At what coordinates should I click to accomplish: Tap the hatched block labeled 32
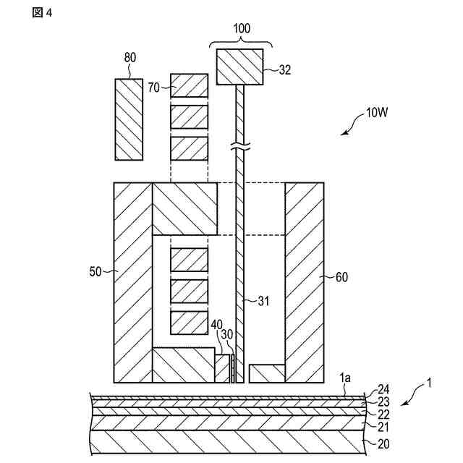pos(239,67)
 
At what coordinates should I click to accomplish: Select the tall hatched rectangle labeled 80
pos(128,119)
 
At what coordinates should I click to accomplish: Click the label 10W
pos(378,113)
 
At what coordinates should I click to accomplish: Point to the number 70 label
pos(153,88)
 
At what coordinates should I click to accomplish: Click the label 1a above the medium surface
pos(346,378)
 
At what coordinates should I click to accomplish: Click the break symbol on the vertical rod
pos(240,148)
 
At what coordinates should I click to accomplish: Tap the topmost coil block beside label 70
pos(189,85)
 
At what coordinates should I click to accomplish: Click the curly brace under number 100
pos(239,42)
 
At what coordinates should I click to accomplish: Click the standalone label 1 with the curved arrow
pos(428,383)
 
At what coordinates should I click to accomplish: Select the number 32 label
pos(285,70)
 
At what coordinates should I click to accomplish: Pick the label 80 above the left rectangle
pos(129,59)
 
